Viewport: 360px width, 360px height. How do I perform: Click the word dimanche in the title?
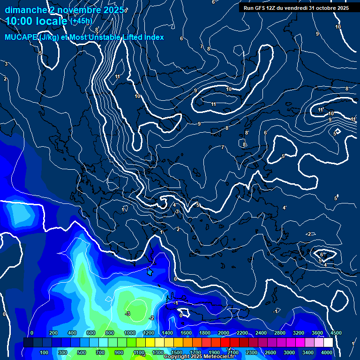point(26,10)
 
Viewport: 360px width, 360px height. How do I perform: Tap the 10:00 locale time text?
point(37,21)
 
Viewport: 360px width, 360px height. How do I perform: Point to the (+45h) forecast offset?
point(81,21)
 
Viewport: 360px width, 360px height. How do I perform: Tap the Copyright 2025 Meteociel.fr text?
point(199,357)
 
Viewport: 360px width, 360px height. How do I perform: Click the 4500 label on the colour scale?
point(336,333)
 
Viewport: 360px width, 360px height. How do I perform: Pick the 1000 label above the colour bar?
point(129,333)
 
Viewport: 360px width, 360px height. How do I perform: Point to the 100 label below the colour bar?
point(45,352)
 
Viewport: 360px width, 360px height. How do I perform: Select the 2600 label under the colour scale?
point(270,352)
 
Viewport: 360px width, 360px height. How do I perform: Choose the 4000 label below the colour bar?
point(327,352)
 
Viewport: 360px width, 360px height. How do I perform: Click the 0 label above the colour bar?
point(32,333)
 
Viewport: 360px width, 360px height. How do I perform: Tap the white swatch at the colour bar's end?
point(328,343)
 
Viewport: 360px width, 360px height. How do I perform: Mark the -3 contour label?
point(127,314)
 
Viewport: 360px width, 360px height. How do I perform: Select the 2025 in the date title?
point(114,10)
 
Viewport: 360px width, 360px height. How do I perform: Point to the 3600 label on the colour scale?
point(317,333)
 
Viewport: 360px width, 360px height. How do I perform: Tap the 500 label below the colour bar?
point(82,352)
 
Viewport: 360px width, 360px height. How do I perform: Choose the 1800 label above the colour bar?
point(204,333)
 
